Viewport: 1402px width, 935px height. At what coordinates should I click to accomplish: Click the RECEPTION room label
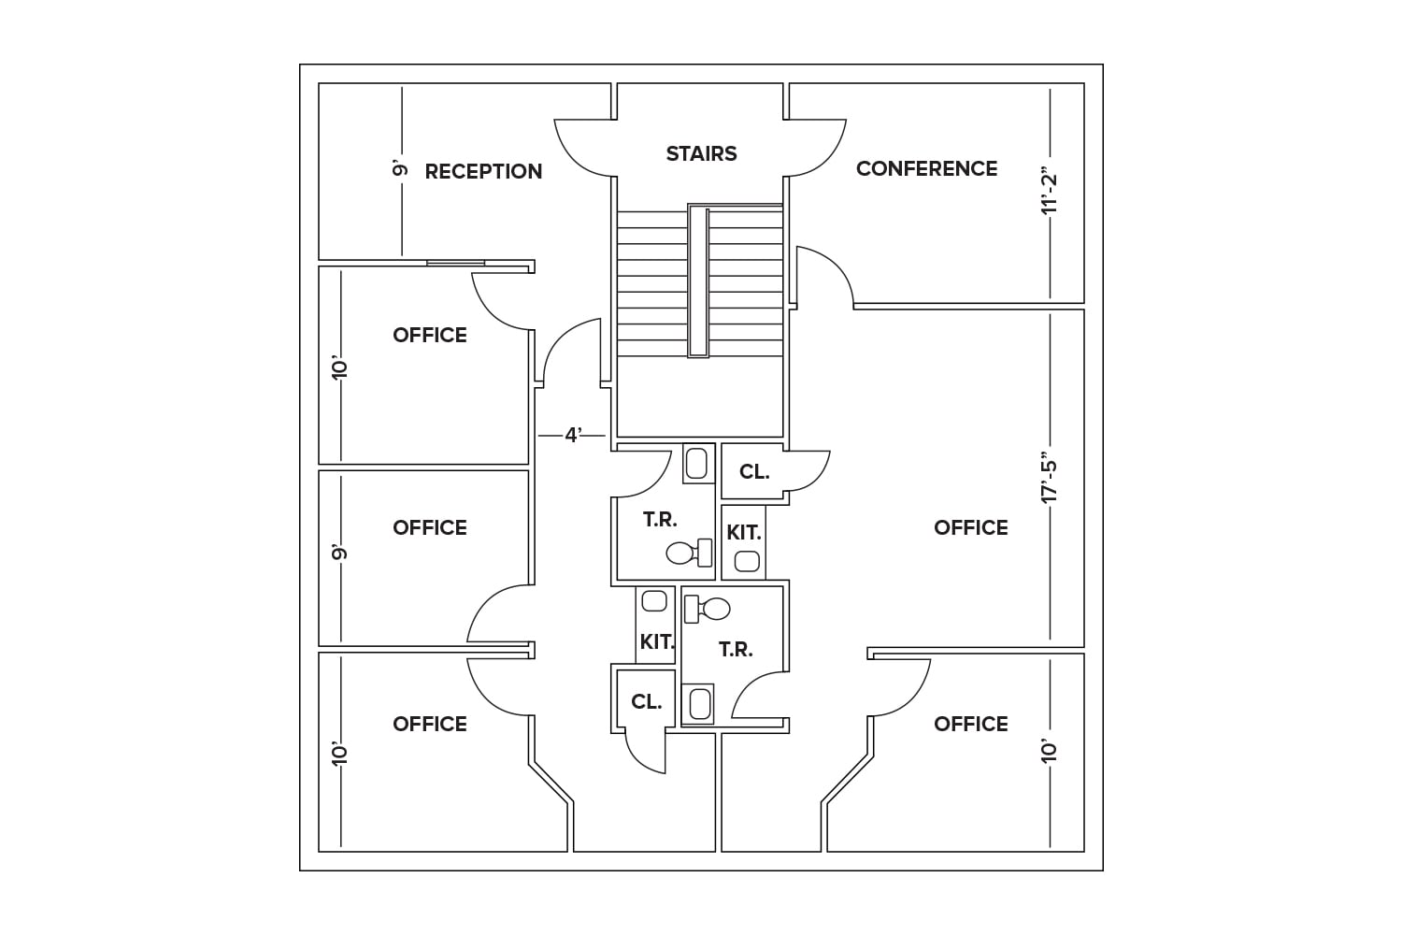(x=483, y=171)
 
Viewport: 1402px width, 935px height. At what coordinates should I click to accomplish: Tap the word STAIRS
(x=701, y=153)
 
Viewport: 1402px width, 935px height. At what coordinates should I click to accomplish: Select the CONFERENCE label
(x=926, y=168)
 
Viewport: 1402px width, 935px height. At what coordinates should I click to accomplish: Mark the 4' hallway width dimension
(x=574, y=435)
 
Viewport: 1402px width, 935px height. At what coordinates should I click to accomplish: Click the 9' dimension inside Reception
(x=401, y=169)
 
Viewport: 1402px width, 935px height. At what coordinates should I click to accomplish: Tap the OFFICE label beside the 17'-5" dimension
(x=970, y=527)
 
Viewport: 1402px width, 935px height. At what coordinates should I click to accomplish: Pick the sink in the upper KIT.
(x=746, y=561)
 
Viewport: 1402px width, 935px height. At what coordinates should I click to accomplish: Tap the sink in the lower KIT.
(x=655, y=600)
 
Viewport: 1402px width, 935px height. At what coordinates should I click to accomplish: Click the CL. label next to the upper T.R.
(x=754, y=472)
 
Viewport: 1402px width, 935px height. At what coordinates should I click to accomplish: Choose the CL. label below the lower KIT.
(x=646, y=701)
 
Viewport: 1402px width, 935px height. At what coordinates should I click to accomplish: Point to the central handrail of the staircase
(x=698, y=281)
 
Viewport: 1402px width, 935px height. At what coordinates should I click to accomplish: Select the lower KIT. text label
(x=657, y=642)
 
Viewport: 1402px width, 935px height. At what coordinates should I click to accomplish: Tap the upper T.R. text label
(x=660, y=519)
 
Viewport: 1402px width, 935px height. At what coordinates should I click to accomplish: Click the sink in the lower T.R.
(x=698, y=703)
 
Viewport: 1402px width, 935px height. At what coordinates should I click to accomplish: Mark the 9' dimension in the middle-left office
(x=339, y=553)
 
